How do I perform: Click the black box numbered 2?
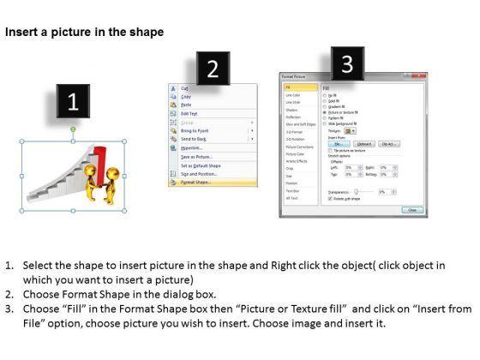[x=213, y=69]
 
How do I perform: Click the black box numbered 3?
[x=346, y=63]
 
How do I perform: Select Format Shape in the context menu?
[x=196, y=183]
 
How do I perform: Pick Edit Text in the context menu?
[x=189, y=113]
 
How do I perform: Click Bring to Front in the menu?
[x=195, y=129]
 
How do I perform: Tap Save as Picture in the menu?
[x=196, y=156]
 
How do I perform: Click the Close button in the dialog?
[x=411, y=209]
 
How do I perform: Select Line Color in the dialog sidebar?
[x=294, y=93]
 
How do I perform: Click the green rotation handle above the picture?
[x=73, y=130]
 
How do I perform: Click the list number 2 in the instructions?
[x=9, y=294]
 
